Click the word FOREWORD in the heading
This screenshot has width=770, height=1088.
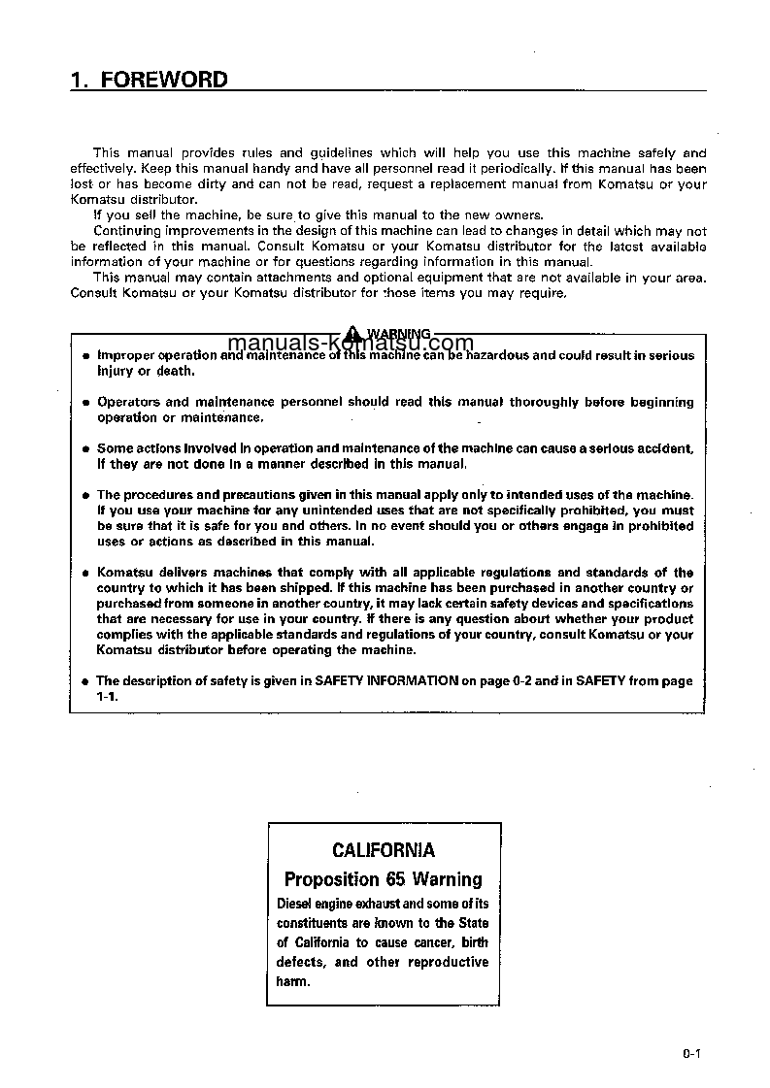pyautogui.click(x=164, y=80)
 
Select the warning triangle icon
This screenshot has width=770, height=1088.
pyautogui.click(x=355, y=333)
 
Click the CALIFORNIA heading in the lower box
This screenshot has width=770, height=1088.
pyautogui.click(x=384, y=850)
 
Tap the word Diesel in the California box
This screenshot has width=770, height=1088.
pyautogui.click(x=294, y=904)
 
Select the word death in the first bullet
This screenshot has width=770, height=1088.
pyautogui.click(x=176, y=371)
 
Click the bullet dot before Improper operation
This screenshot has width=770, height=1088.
pyautogui.click(x=85, y=356)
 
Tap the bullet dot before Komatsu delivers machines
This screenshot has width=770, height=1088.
pyautogui.click(x=85, y=574)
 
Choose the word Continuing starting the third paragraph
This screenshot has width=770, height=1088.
pyautogui.click(x=126, y=230)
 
